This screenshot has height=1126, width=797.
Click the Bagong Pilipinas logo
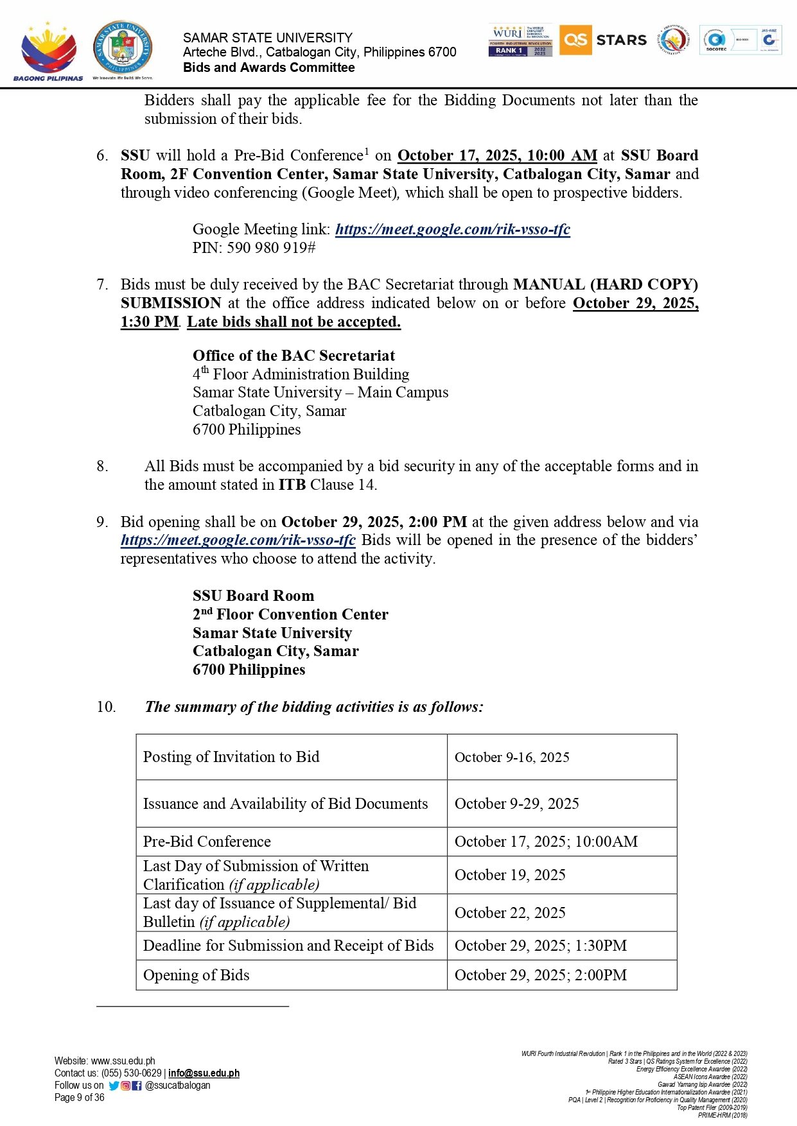(x=48, y=51)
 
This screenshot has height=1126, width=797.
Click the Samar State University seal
(x=123, y=48)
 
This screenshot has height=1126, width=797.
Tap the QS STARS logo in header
(x=603, y=40)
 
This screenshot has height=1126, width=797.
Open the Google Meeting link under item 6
(x=452, y=229)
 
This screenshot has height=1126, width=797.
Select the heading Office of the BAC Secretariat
(x=293, y=356)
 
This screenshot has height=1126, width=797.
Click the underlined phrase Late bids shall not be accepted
(x=293, y=322)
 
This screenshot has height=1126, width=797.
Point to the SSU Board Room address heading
(x=253, y=596)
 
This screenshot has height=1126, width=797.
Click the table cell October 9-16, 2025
(x=512, y=758)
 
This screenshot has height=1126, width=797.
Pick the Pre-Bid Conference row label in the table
(x=207, y=842)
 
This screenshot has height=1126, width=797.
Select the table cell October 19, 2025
(x=510, y=875)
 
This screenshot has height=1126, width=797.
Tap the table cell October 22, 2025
(x=510, y=913)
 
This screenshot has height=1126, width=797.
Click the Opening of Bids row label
(x=196, y=975)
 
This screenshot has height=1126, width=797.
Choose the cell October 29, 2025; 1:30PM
(x=540, y=946)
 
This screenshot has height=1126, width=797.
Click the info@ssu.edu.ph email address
(x=204, y=1073)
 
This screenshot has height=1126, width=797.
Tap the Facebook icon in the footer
(x=136, y=1086)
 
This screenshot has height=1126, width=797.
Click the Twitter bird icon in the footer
(x=114, y=1086)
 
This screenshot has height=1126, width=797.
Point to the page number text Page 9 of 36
(x=79, y=1098)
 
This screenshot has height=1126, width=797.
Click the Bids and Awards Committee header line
(x=268, y=67)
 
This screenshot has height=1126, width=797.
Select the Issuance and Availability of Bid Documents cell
(x=285, y=804)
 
